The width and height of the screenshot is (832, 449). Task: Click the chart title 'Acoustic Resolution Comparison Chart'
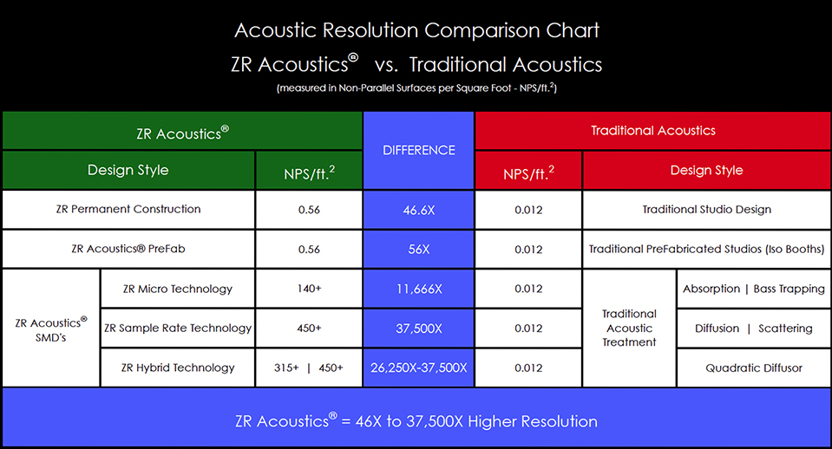(x=416, y=30)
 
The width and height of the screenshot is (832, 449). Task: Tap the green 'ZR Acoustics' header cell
(x=182, y=131)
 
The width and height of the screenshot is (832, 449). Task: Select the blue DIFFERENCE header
(x=419, y=151)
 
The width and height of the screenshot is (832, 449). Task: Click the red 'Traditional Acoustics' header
(x=653, y=131)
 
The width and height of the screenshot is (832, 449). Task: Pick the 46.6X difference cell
(x=419, y=210)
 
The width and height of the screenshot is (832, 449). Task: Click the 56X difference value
(x=419, y=249)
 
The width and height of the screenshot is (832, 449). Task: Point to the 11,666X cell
(x=419, y=289)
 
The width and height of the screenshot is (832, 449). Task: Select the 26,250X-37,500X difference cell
(x=419, y=368)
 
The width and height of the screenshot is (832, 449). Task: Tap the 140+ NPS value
(x=309, y=289)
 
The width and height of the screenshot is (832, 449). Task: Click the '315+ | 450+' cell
(x=309, y=368)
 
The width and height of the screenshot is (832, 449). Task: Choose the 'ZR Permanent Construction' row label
(x=128, y=210)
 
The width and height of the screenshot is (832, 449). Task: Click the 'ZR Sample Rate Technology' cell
(x=178, y=329)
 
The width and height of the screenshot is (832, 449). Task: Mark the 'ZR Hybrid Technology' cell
(x=178, y=368)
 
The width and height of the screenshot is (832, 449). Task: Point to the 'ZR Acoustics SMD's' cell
(x=51, y=329)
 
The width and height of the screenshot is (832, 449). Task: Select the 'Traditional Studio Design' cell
(x=707, y=210)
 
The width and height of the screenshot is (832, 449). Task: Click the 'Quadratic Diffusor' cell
(x=754, y=368)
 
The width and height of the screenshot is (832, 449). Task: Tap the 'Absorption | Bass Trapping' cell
(x=754, y=289)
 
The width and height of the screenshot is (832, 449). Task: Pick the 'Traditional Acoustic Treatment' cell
(x=629, y=329)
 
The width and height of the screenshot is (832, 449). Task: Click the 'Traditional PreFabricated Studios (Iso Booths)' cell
(x=707, y=249)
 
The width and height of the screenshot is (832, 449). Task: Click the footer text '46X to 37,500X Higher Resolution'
(x=476, y=421)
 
